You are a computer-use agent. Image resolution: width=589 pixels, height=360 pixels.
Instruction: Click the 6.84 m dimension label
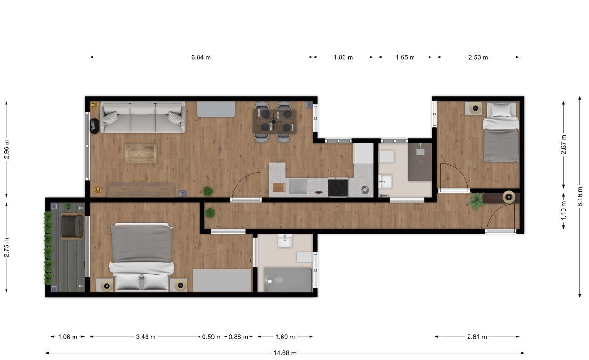tap(201, 57)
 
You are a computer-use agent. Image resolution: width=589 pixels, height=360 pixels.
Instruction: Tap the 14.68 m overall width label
tap(285, 353)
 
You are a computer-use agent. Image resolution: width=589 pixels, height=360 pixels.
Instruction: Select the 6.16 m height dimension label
tap(580, 196)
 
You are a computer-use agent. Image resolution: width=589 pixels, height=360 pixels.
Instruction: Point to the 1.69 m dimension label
tap(285, 337)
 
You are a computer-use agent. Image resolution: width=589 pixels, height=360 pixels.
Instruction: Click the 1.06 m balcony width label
tap(68, 337)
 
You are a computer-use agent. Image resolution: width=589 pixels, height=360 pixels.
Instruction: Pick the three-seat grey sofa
tap(143, 117)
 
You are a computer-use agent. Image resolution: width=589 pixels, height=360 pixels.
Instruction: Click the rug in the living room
tap(141, 154)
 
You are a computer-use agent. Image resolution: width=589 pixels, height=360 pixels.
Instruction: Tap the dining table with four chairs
tap(275, 122)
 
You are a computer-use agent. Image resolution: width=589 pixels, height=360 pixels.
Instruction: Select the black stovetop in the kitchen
tap(338, 188)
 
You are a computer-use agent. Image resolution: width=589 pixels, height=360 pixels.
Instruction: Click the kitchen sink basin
tap(298, 187)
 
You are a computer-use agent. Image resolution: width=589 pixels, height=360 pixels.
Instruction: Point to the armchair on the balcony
tap(73, 226)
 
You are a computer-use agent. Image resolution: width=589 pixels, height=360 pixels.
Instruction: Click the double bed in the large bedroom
tap(142, 257)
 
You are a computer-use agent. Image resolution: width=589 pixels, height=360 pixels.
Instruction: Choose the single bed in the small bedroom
tap(501, 132)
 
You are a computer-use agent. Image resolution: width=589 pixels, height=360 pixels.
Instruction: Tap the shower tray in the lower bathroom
tap(288, 280)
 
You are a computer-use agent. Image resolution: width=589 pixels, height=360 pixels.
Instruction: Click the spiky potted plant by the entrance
tap(476, 201)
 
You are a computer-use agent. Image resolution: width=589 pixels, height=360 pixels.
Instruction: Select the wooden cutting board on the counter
tap(279, 188)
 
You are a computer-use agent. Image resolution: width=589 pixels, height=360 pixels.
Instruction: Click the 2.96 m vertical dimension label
tap(7, 149)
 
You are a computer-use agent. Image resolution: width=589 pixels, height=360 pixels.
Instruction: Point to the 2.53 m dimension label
tap(478, 57)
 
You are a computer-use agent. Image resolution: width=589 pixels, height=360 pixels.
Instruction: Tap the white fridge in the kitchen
tap(363, 153)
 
